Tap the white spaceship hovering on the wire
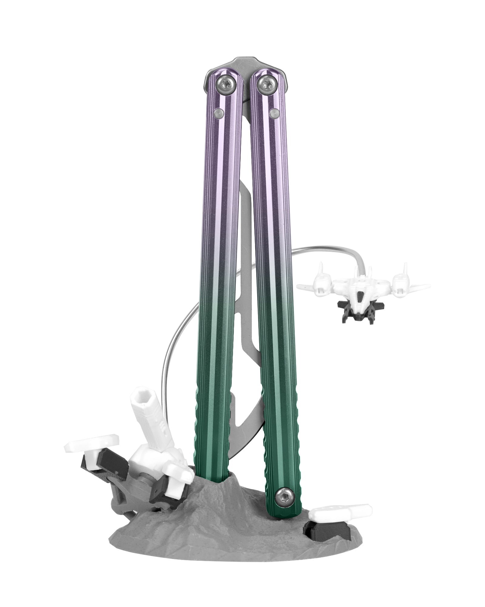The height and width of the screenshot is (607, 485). click(x=362, y=283)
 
